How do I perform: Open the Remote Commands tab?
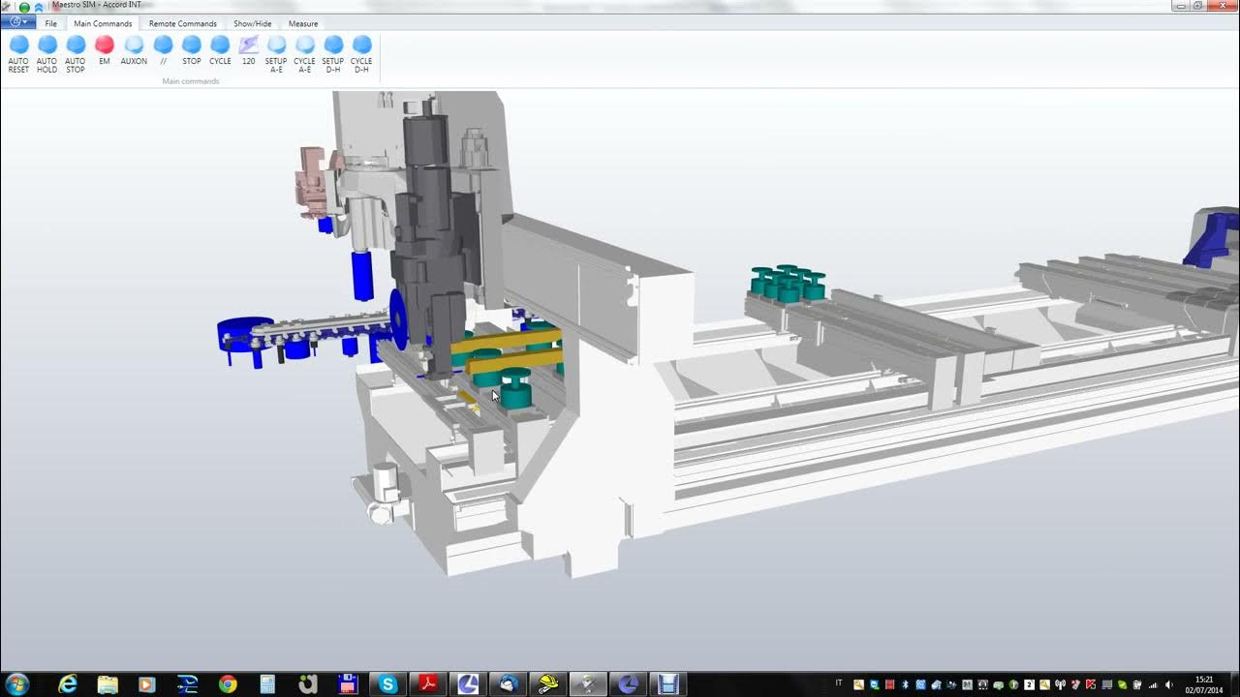[182, 23]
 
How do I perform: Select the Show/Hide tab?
[252, 23]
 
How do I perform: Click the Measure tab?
[303, 23]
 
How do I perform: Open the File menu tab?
[50, 23]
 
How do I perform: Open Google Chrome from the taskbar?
[228, 684]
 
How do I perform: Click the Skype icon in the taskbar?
[388, 684]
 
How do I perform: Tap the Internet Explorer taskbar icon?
[68, 684]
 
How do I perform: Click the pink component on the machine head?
[313, 174]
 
